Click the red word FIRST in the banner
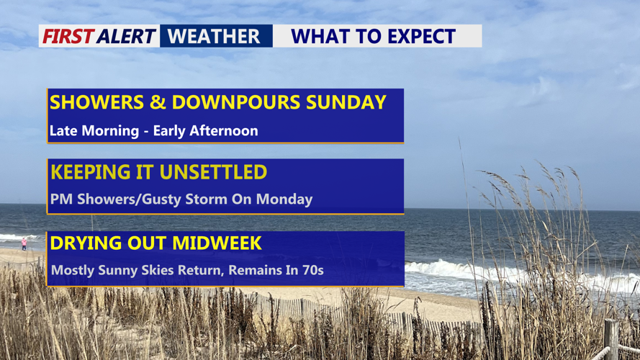click(68, 36)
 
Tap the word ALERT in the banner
click(127, 36)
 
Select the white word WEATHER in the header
click(214, 36)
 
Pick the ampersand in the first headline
click(158, 102)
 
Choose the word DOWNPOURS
click(236, 102)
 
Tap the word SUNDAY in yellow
click(346, 102)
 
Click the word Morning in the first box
click(110, 131)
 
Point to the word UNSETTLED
click(213, 172)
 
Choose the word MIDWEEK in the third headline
click(217, 243)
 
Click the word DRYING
click(86, 243)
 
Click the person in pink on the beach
click(24, 243)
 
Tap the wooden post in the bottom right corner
click(611, 340)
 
